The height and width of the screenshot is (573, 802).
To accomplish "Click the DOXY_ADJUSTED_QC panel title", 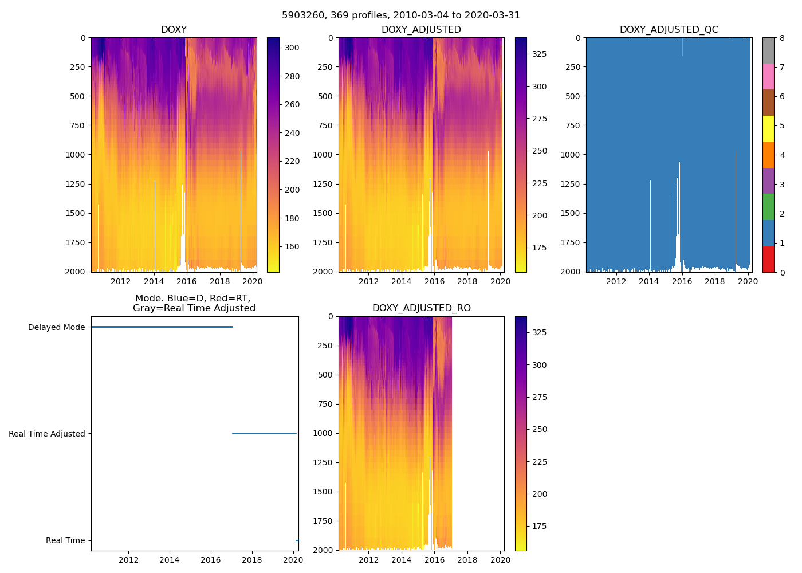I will (x=669, y=29).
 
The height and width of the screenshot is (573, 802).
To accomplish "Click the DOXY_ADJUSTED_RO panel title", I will (x=421, y=308).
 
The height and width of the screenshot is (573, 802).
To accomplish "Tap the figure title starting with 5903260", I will (x=400, y=15).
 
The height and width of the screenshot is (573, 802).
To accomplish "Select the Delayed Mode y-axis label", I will (x=56, y=328).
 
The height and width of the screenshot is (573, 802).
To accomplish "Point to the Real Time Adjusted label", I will (x=46, y=434).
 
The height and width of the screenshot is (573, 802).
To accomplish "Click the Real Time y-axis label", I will (x=65, y=541).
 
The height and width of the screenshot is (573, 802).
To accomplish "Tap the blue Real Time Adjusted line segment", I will (x=264, y=433).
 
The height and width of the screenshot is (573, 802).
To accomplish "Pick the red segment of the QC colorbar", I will (x=768, y=259).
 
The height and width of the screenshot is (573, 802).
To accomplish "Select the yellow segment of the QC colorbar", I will (x=768, y=128).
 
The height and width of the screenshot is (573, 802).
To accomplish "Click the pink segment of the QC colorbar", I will (x=768, y=76).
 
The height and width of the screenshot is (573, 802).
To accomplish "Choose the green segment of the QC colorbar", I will (x=768, y=207).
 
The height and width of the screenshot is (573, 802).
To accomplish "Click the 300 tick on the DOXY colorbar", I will (x=292, y=48).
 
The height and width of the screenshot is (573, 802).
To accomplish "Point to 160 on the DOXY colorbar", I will (x=292, y=247).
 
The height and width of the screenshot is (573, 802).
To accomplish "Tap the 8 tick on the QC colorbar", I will (x=781, y=38).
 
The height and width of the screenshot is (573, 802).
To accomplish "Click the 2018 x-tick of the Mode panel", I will (x=252, y=560).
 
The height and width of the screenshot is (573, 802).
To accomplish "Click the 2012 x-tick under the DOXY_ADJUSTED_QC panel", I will (x=616, y=281).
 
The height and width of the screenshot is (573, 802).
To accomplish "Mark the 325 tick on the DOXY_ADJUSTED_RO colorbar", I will (x=539, y=332).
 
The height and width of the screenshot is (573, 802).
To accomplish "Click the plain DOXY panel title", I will (x=174, y=29).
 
